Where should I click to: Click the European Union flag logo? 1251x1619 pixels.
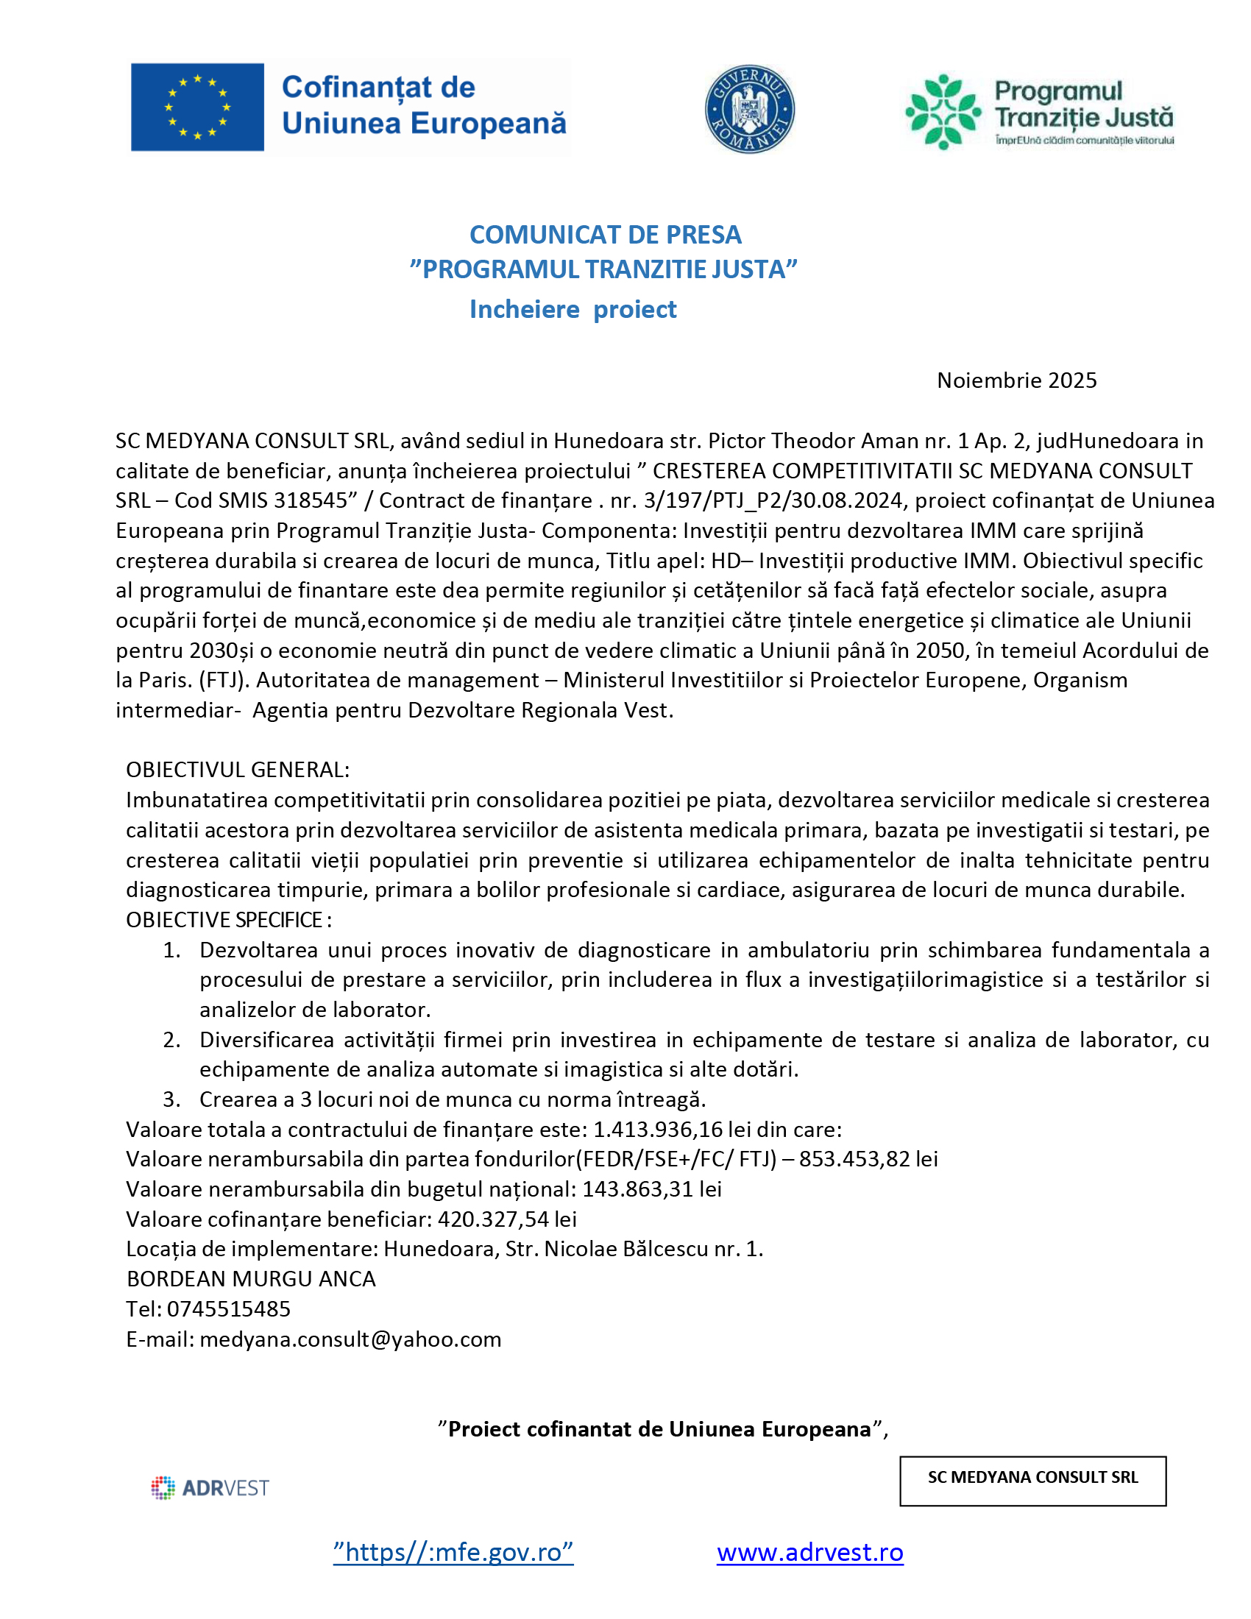pos(197,107)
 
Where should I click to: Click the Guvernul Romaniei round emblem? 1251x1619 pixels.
pos(749,109)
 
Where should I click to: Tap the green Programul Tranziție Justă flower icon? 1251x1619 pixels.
pos(943,111)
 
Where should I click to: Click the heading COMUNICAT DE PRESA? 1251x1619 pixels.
pos(605,235)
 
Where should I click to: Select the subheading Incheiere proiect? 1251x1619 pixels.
pos(573,309)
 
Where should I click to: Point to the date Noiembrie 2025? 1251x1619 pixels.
pos(1016,380)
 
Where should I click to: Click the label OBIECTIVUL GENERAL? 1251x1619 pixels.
pos(237,770)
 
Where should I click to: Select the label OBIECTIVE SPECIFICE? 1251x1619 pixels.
pos(228,920)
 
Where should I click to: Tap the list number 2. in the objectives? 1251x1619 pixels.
pos(172,1040)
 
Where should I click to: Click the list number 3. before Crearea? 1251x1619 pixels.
pos(172,1099)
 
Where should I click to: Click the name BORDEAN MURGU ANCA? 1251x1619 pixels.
pos(251,1279)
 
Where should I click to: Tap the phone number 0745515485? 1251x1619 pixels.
pos(228,1309)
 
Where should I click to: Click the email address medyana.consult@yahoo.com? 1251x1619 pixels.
pos(350,1339)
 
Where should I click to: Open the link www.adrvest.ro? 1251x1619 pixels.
pos(809,1552)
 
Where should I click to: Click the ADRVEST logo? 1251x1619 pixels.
pos(210,1488)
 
